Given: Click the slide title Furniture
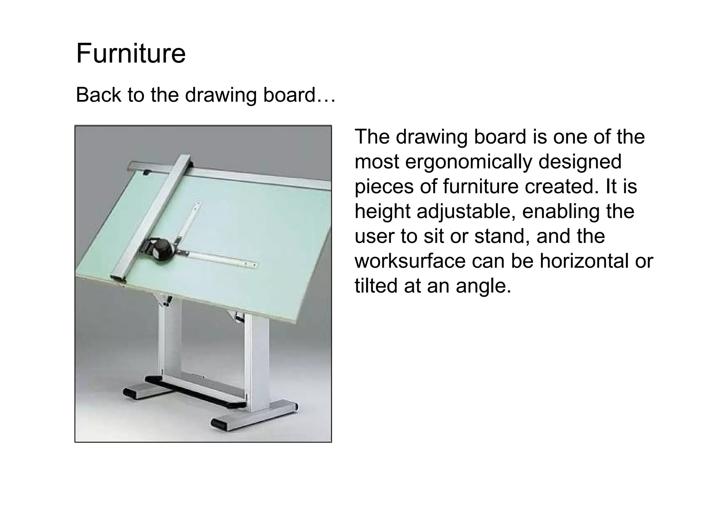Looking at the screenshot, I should point(131,54).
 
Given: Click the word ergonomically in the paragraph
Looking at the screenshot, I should point(469,162).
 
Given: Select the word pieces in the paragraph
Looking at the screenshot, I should point(384,187).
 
